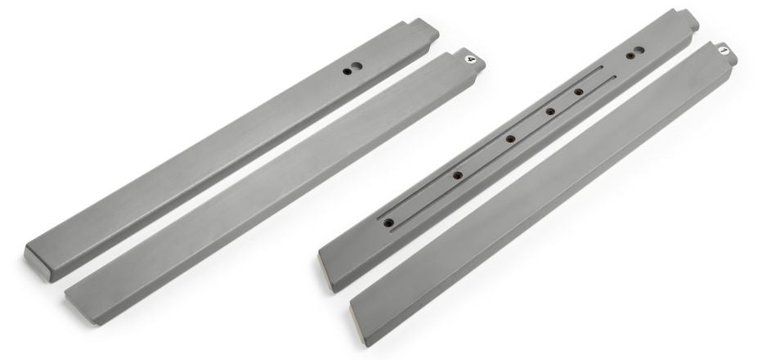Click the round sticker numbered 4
pos(470,59)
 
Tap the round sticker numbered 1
pos(724,51)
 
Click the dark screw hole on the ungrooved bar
pos(347,71)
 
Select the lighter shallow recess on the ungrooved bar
pos(357,66)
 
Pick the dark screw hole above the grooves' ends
pos(630,56)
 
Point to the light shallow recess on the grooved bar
pos(639,51)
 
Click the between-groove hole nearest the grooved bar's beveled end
pos(388,223)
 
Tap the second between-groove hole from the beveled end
pos(457,175)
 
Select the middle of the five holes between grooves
pos(511,139)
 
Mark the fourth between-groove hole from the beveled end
pos(550,111)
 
